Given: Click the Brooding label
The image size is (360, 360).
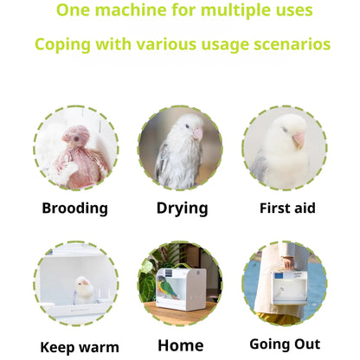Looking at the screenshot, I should [74, 208].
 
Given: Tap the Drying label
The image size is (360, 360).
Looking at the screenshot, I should [182, 208].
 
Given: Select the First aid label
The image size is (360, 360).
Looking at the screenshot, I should [287, 208].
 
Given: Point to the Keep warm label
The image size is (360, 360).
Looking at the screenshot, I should [80, 347].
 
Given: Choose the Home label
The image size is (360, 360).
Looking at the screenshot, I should [181, 344].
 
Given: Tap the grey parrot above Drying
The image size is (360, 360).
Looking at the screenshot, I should [179, 154].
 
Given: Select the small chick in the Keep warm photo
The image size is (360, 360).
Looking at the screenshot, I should [83, 289].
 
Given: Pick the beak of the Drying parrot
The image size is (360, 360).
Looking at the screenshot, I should [197, 133].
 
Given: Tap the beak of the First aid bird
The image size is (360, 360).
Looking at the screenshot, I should [298, 138].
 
